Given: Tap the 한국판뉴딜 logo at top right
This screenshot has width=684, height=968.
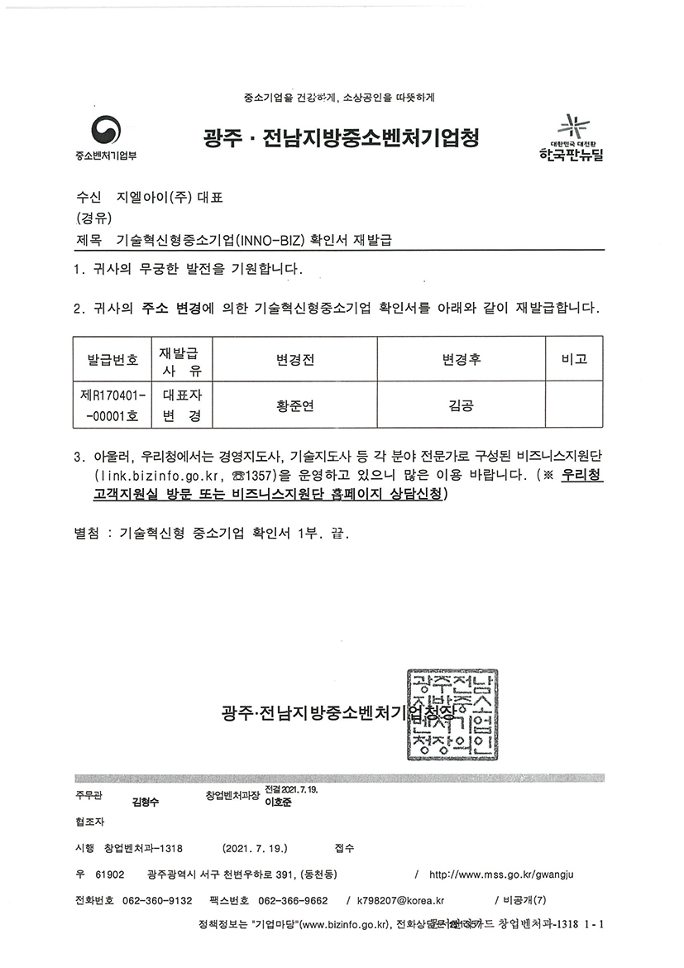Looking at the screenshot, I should [569, 139].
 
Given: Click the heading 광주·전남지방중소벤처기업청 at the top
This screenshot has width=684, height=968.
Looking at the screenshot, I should [341, 137].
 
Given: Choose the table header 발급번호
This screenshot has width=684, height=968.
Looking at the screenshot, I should [112, 360].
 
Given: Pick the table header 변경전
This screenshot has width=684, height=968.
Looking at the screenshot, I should [295, 360].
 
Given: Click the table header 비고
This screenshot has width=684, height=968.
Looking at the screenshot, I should [573, 360].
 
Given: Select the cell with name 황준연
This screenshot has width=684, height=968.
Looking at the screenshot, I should [295, 405].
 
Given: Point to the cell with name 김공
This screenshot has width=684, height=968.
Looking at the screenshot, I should [461, 405].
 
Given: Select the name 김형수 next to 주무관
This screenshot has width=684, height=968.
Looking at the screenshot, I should [145, 802].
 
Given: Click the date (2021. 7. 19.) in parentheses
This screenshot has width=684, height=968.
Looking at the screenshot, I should [256, 848].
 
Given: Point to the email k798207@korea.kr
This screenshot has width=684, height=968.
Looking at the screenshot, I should [400, 901].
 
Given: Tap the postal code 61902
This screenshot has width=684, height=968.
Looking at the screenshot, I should [110, 875].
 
